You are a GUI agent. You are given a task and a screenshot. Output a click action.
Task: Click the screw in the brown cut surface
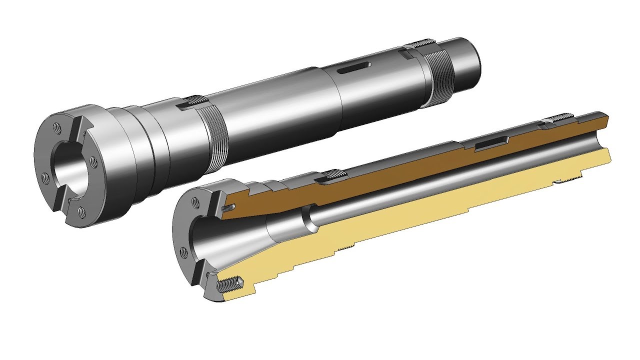click(x=230, y=206)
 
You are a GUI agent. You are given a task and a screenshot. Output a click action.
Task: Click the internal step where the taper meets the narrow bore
click(x=309, y=220)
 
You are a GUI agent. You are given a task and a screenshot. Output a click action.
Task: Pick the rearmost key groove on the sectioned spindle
click(x=560, y=118)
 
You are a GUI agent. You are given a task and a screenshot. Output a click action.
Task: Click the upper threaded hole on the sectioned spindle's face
click(x=196, y=201)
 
